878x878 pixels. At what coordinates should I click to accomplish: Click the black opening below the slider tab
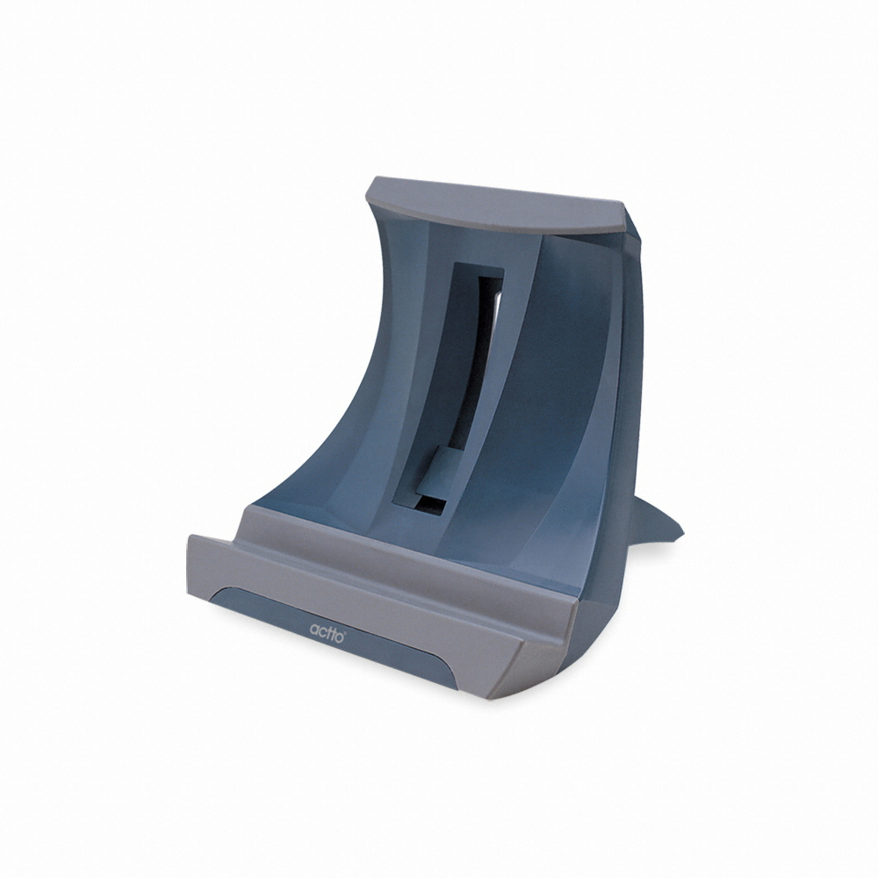click(430, 504)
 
